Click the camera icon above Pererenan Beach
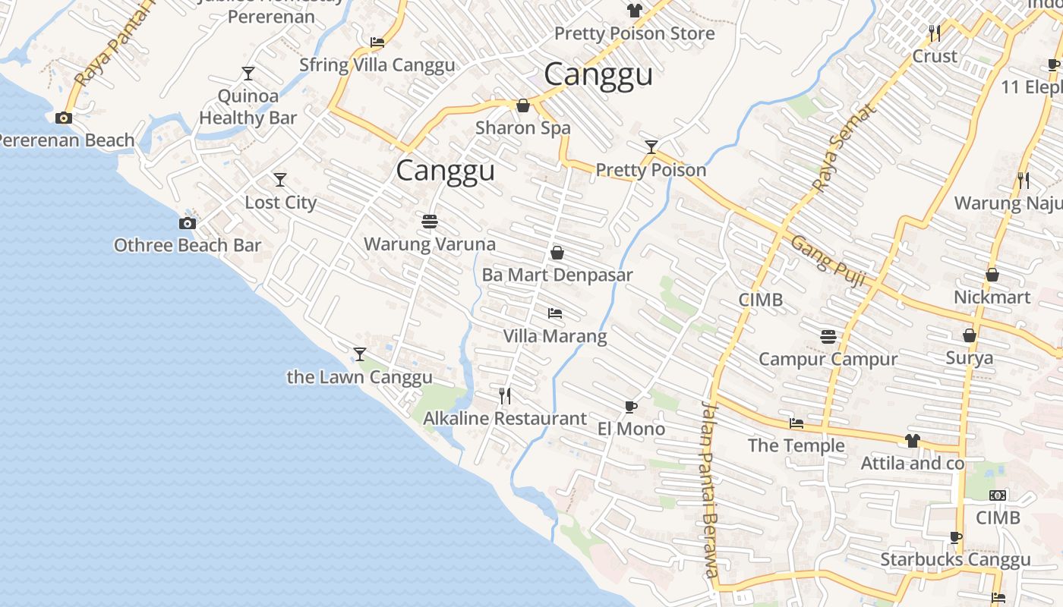[64, 118]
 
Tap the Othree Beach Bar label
[188, 245]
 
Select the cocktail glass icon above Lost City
[280, 180]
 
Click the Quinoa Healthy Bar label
[248, 107]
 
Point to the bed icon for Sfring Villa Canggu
[377, 42]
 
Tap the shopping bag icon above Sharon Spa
[523, 105]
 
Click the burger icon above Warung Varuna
[430, 222]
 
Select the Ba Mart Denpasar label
[557, 275]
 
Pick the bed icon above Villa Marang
[555, 313]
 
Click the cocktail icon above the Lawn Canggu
[360, 354]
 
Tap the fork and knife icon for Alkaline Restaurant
[504, 395]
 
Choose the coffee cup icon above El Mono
[631, 407]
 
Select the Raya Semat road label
[844, 147]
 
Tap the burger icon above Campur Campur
[828, 335]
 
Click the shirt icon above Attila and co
[913, 440]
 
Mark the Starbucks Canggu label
[955, 560]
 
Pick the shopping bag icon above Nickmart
[992, 275]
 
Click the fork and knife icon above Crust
[935, 33]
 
